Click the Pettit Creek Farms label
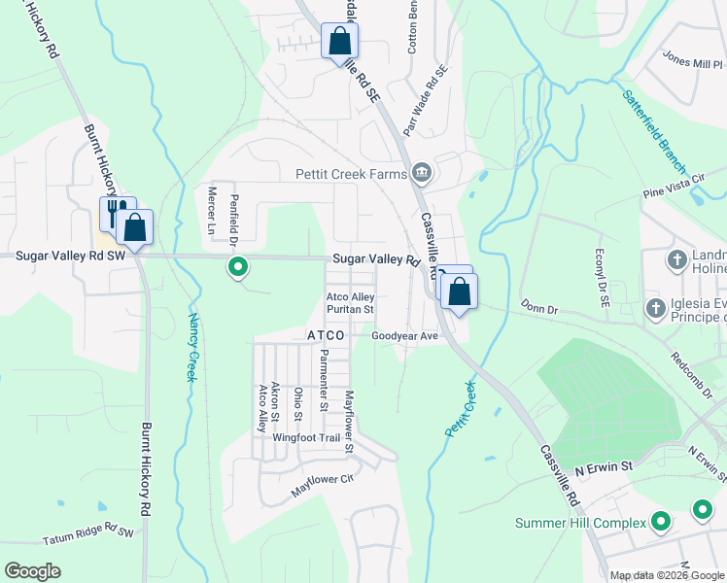[351, 175]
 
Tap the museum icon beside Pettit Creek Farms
[422, 174]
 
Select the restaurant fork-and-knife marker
[114, 211]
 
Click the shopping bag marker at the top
[339, 41]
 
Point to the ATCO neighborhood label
[326, 335]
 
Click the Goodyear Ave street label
[406, 336]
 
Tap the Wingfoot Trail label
[306, 438]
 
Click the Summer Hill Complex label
[580, 524]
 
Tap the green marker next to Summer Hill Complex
[661, 523]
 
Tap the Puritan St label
[350, 310]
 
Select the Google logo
[32, 571]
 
